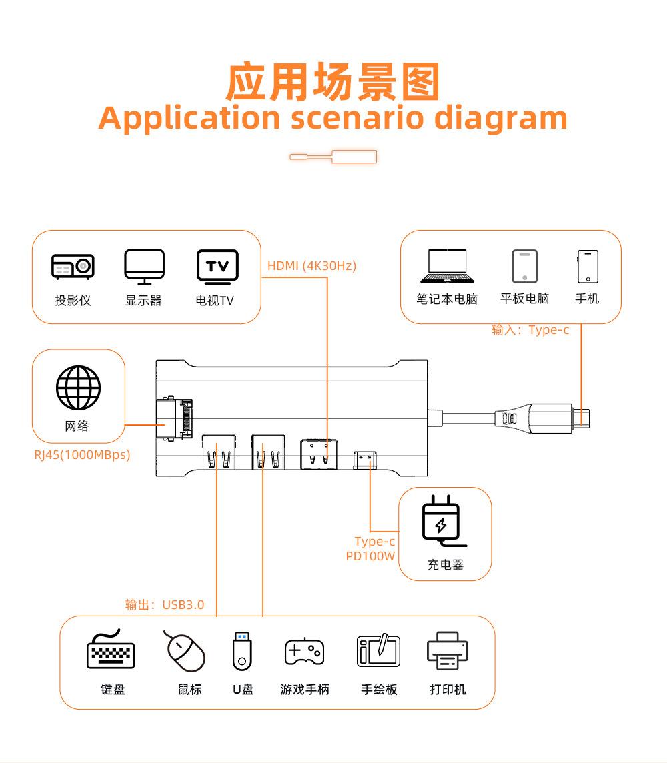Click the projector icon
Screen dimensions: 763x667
[73, 266]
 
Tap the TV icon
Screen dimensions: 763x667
[217, 266]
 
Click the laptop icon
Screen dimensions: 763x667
[447, 266]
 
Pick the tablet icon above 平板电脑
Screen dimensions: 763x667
[524, 266]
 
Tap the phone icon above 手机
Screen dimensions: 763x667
[588, 266]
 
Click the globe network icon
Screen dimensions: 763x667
[78, 388]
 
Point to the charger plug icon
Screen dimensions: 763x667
[441, 520]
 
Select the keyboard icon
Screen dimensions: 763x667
[111, 650]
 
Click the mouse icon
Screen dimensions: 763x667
[185, 650]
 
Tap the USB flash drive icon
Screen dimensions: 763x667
[243, 650]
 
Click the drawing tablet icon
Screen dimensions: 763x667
[378, 650]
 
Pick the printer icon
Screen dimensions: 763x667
[447, 650]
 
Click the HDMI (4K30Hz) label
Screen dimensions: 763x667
[311, 266]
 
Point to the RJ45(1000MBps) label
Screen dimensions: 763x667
[82, 455]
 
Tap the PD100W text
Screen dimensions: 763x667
[370, 556]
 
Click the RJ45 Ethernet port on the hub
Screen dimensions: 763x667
[173, 419]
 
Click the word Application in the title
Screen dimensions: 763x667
[189, 118]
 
